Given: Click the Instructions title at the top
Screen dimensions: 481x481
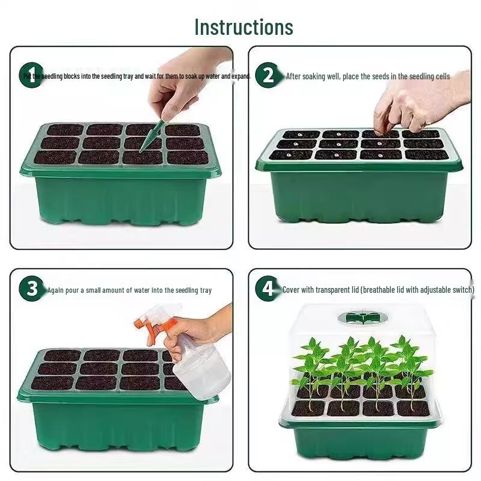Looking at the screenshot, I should click(244, 27).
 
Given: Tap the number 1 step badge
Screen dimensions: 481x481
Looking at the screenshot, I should click(31, 75).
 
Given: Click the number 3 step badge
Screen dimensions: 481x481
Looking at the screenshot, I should click(31, 289).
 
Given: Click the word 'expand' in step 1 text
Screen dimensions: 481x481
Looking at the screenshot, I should click(241, 76).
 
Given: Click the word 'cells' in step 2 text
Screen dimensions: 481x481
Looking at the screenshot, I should click(442, 76).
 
